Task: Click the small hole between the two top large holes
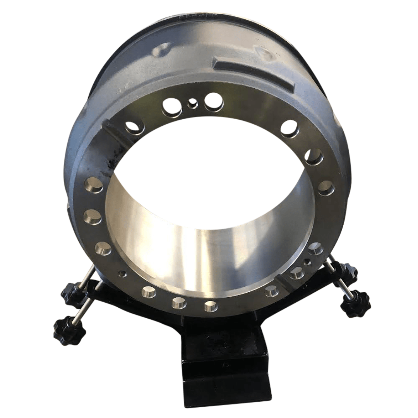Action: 192,103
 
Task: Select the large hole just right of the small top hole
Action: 213,101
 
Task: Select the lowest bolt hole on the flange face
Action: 211,306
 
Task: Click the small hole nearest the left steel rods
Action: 123,273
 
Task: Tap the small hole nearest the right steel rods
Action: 307,262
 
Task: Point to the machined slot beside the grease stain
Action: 116,132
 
